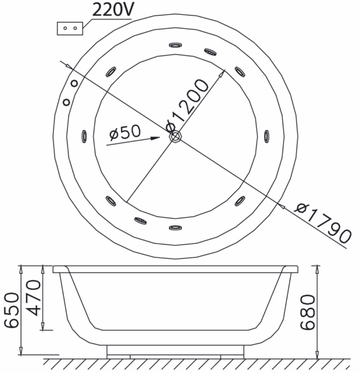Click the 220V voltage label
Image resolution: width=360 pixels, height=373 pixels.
[x=113, y=9]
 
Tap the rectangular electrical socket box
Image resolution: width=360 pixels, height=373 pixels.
[x=70, y=29]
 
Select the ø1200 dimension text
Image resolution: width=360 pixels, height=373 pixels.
[x=187, y=106]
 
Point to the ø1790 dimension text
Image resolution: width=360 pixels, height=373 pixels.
[x=323, y=222]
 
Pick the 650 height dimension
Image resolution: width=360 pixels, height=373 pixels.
[x=11, y=311]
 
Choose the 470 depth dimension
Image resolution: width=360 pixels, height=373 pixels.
[x=34, y=297]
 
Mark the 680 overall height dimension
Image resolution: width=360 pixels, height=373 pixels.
[x=307, y=312]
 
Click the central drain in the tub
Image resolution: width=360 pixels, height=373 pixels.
[x=176, y=136]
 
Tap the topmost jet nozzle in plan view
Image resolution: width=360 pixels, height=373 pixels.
[x=176, y=45]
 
